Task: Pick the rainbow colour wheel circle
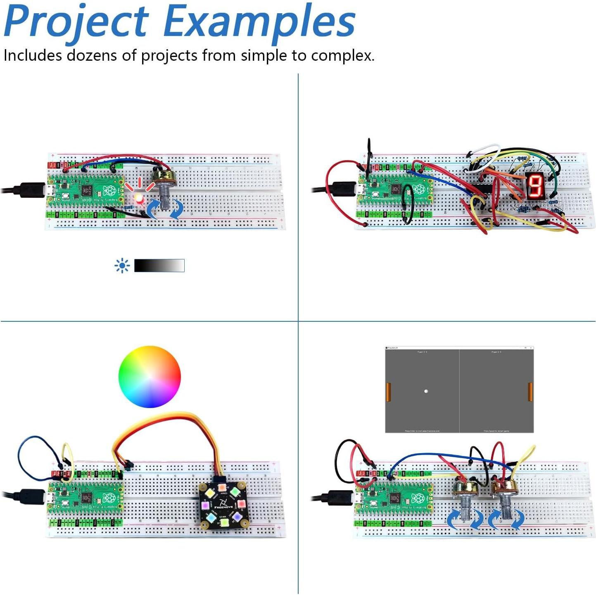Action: click(x=150, y=377)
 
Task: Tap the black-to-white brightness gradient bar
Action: click(x=159, y=266)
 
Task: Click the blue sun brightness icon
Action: click(x=122, y=266)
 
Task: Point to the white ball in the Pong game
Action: click(x=426, y=391)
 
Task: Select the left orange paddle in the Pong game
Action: click(x=388, y=392)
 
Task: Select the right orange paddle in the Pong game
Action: click(x=530, y=392)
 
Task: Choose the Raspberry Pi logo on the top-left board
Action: click(x=109, y=191)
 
